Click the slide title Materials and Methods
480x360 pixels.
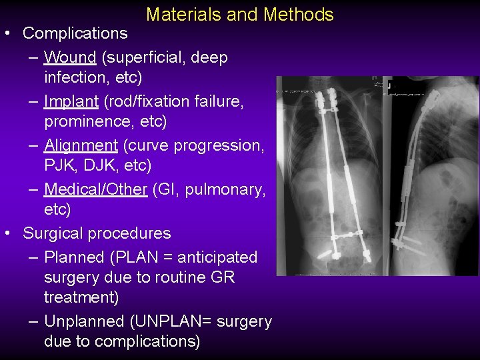239,14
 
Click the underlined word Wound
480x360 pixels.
70,57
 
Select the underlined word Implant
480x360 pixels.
71,101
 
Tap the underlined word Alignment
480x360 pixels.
81,145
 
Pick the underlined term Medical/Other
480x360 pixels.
95,189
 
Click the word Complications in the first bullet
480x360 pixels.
75,33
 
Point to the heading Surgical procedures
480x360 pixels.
97,233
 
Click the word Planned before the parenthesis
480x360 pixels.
74,257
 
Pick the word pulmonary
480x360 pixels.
225,189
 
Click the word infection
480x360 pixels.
73,77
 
